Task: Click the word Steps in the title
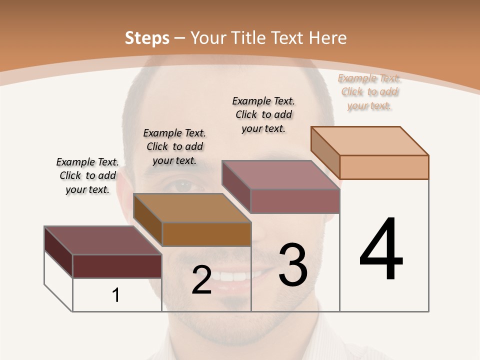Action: pyautogui.click(x=147, y=38)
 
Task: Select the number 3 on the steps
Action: pyautogui.click(x=293, y=264)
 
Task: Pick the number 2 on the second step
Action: pyautogui.click(x=201, y=280)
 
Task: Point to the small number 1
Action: pyautogui.click(x=116, y=295)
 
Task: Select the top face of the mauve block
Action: pyautogui.click(x=280, y=174)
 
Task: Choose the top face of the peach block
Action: pyautogui.click(x=369, y=140)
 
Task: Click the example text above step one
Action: pyautogui.click(x=87, y=175)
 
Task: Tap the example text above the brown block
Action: pyautogui.click(x=174, y=146)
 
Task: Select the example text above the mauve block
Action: pyautogui.click(x=263, y=114)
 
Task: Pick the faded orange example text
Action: pyautogui.click(x=369, y=91)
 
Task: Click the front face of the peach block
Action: pyautogui.click(x=384, y=167)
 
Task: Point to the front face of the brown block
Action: pyautogui.click(x=206, y=234)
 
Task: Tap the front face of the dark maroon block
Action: pyautogui.click(x=117, y=266)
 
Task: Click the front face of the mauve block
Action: pyautogui.click(x=295, y=201)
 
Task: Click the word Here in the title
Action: pyautogui.click(x=328, y=38)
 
